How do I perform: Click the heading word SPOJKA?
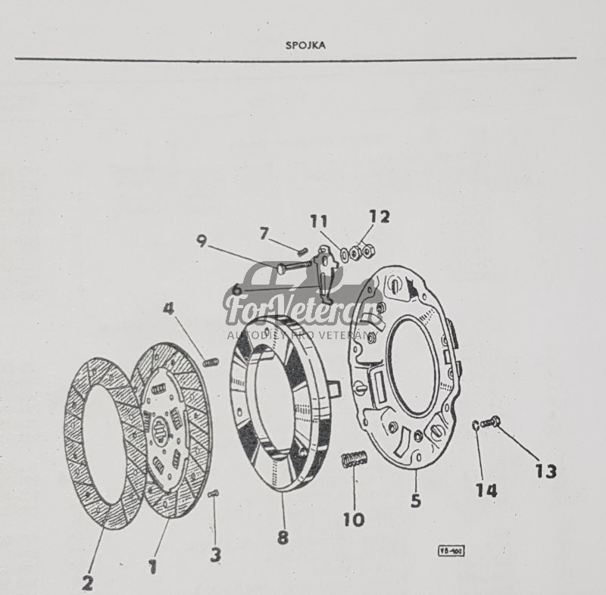tap(305, 45)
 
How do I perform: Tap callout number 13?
tap(545, 471)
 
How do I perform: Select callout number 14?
tap(486, 491)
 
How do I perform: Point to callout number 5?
tap(416, 500)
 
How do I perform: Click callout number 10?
tap(353, 519)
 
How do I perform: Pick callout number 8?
tap(283, 537)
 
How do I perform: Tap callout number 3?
tap(216, 555)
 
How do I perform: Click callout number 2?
tap(88, 583)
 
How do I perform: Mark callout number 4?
tap(168, 309)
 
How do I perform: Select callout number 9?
tap(201, 241)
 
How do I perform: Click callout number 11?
tap(319, 221)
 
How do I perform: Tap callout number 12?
tap(380, 217)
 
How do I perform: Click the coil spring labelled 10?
tap(354, 459)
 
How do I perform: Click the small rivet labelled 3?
tap(213, 494)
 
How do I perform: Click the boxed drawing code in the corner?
tap(451, 550)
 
